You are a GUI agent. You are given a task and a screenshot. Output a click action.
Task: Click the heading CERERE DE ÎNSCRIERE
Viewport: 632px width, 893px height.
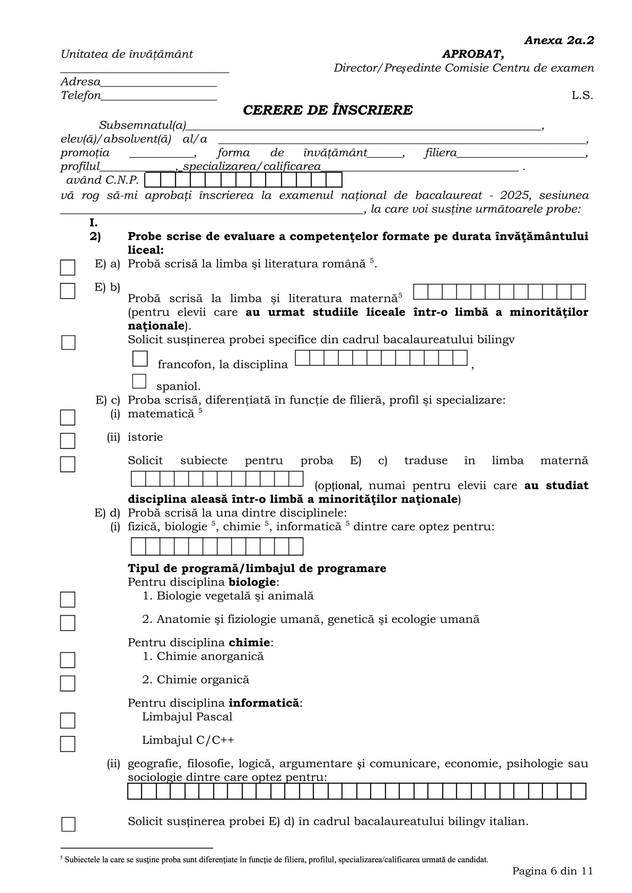327,110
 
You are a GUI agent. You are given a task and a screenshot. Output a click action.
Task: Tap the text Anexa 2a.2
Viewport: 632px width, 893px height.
559,40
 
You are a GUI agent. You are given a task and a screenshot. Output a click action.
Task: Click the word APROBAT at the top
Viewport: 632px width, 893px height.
473,54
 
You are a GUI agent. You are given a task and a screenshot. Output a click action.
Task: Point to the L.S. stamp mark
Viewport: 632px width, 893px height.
582,95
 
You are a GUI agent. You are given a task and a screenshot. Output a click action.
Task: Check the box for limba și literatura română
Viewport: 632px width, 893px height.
68,267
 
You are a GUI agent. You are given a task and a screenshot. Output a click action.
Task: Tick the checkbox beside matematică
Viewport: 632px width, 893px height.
68,417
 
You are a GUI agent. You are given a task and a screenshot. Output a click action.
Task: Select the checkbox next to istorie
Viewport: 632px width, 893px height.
68,441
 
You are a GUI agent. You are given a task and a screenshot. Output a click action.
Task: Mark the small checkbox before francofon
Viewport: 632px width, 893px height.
140,358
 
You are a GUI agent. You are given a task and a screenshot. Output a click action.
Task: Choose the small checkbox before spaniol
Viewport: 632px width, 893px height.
139,381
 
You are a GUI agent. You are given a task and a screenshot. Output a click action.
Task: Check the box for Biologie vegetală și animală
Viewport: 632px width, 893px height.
68,599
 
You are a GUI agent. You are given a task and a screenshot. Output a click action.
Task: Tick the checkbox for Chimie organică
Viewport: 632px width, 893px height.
68,683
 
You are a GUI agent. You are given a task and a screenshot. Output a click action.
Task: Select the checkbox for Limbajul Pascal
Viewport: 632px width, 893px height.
68,720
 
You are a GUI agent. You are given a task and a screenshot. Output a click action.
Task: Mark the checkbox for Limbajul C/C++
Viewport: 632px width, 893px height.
68,743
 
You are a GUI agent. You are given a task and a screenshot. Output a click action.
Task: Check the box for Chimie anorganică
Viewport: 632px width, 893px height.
68,660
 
